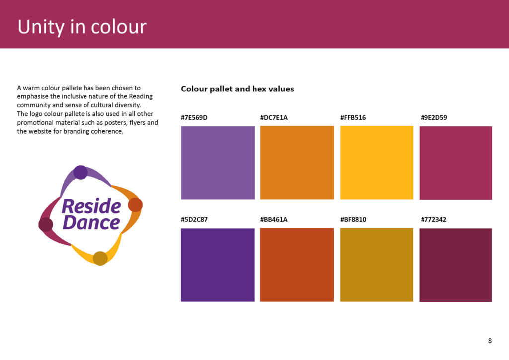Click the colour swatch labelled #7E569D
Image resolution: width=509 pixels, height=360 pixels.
(218, 163)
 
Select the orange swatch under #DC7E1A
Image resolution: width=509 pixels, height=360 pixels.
(297, 163)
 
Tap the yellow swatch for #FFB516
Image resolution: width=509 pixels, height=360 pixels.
(376, 163)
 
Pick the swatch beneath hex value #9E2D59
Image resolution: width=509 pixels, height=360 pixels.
(455, 163)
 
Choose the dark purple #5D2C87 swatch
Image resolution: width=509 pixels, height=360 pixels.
(218, 265)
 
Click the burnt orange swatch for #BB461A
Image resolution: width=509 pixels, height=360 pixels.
(297, 265)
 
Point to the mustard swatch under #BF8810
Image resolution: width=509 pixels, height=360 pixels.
(376, 265)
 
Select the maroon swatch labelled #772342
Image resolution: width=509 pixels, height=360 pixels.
(455, 265)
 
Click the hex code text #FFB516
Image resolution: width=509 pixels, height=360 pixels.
(353, 118)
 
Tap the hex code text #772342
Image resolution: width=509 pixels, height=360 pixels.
(433, 219)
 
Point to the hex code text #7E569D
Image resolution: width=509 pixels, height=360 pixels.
(194, 118)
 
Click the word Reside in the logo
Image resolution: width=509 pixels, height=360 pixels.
(91, 206)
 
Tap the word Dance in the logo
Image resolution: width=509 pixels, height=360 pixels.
(91, 222)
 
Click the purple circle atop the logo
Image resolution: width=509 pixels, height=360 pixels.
(81, 172)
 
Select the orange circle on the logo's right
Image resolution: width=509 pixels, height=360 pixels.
(135, 205)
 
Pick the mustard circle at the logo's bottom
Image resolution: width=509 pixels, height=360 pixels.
(100, 258)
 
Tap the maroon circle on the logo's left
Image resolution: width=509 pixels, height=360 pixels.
(46, 224)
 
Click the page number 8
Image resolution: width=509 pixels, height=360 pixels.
(490, 341)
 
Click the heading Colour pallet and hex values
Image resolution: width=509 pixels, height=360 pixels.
(238, 89)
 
